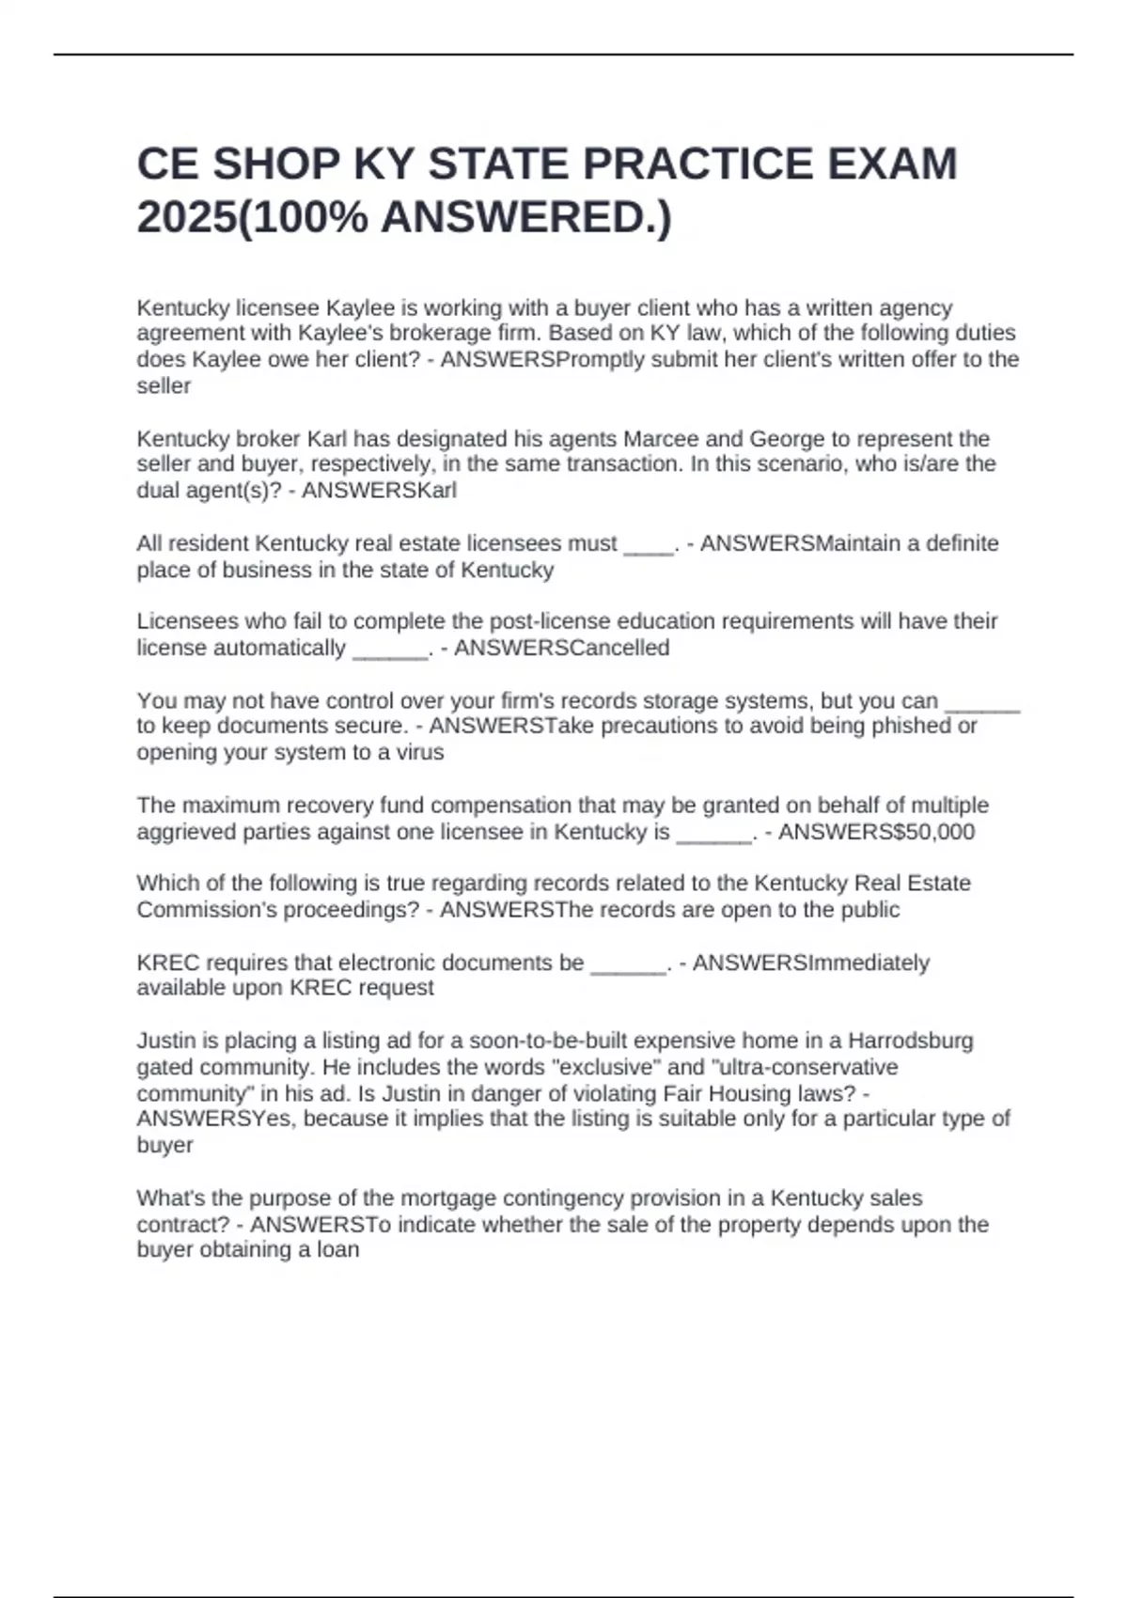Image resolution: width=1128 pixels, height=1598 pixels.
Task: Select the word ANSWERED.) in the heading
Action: (526, 218)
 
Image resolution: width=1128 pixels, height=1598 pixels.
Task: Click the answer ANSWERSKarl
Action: (379, 491)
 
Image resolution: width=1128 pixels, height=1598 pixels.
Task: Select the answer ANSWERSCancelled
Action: (561, 648)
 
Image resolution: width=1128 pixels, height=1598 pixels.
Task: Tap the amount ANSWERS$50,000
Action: (876, 832)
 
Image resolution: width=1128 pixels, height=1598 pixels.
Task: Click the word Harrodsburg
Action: (911, 1041)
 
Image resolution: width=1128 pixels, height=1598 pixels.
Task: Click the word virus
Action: (418, 752)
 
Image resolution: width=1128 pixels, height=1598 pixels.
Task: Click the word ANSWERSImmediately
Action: (810, 963)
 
